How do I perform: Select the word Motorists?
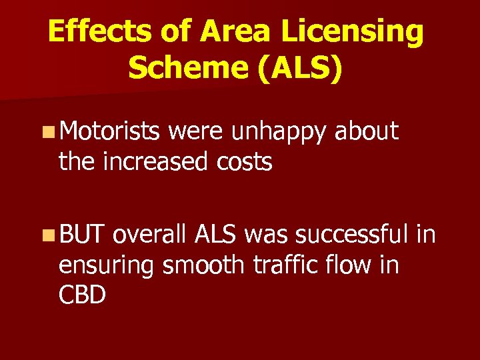(110, 132)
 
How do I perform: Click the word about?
(367, 132)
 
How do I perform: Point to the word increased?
(153, 161)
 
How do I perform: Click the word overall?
(151, 235)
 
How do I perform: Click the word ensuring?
(106, 265)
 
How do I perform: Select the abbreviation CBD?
(82, 294)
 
